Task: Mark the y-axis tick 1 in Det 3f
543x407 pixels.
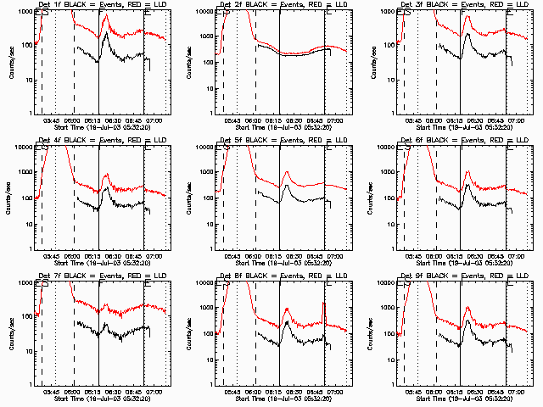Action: (389, 114)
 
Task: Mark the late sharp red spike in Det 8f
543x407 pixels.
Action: (323, 303)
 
